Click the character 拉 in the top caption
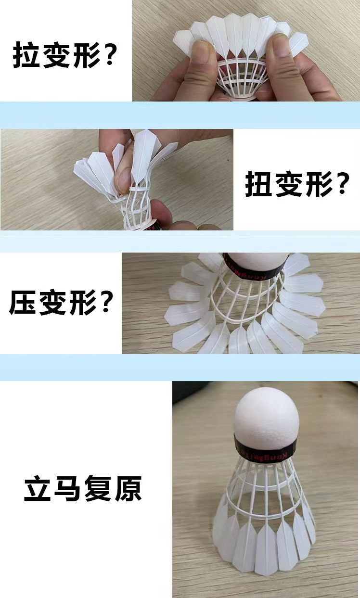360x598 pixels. click(27, 55)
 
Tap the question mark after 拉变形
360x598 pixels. click(110, 55)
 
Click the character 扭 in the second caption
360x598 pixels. click(259, 185)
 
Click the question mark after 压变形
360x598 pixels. click(106, 302)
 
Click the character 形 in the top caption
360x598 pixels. click(82, 55)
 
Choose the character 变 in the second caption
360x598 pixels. click(288, 185)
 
